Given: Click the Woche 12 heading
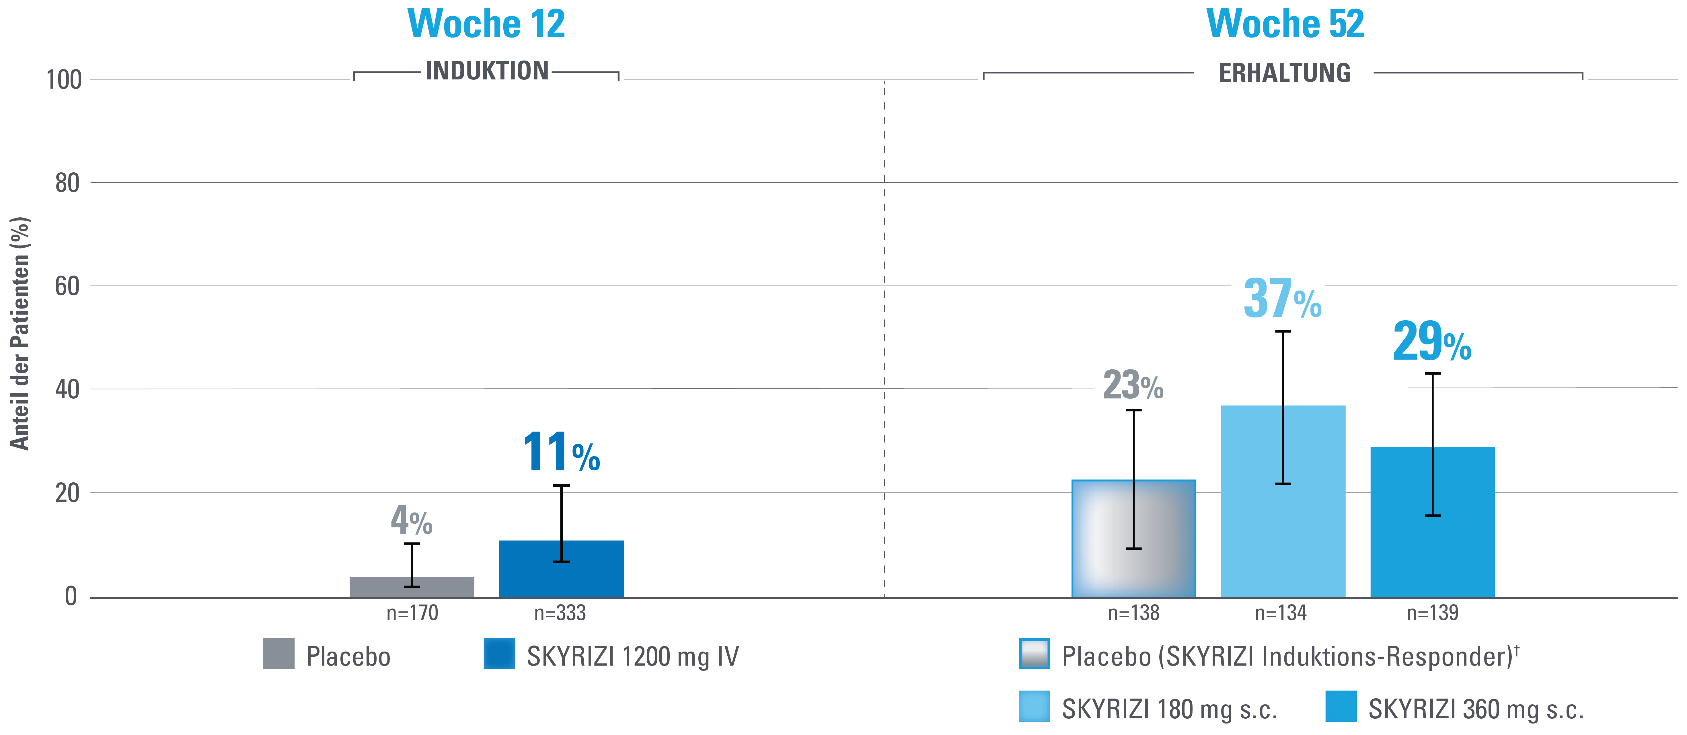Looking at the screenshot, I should (x=486, y=24).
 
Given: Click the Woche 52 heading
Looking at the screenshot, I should (x=1285, y=24).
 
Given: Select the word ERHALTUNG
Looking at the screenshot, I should (x=1284, y=73).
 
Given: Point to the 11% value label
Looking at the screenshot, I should (x=561, y=452).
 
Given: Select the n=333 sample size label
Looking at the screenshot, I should (x=560, y=613).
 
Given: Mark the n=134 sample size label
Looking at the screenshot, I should (x=1280, y=613).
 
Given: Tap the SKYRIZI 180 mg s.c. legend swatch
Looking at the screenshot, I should (x=1034, y=706).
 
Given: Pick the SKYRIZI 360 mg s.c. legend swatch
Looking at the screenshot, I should (x=1341, y=706).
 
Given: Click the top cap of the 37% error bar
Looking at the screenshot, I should (x=1283, y=332).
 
